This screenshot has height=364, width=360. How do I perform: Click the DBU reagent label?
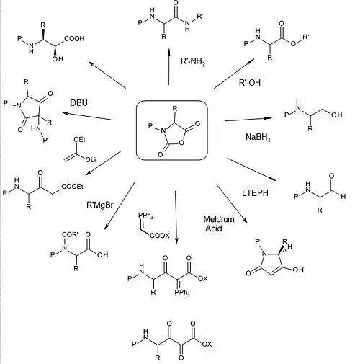point(78,102)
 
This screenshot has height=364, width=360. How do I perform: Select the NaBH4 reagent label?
point(258,137)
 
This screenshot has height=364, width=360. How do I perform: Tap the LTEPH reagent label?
point(255,193)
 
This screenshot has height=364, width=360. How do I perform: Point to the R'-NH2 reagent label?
point(193,61)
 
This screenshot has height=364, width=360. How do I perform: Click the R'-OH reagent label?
point(250,83)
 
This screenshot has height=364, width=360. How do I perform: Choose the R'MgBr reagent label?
point(100,205)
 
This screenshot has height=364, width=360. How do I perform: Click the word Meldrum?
point(219,219)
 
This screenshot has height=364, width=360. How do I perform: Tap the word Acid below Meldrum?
point(214,228)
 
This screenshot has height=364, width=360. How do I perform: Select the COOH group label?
point(74,38)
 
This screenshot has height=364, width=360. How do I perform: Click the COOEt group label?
point(72,186)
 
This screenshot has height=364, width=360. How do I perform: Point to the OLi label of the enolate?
point(91,159)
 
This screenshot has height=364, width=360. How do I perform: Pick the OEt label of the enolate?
point(79,139)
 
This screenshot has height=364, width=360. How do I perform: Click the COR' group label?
point(70,234)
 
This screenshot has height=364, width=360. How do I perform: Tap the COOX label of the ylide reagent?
point(160,236)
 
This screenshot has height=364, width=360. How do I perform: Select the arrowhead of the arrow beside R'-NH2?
point(169,53)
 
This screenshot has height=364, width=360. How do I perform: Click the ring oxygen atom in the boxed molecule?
point(181,143)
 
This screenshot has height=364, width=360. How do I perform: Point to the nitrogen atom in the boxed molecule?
point(163,131)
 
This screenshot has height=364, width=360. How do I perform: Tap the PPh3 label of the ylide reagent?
point(146,216)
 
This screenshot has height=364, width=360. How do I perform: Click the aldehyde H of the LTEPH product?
point(343,196)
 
